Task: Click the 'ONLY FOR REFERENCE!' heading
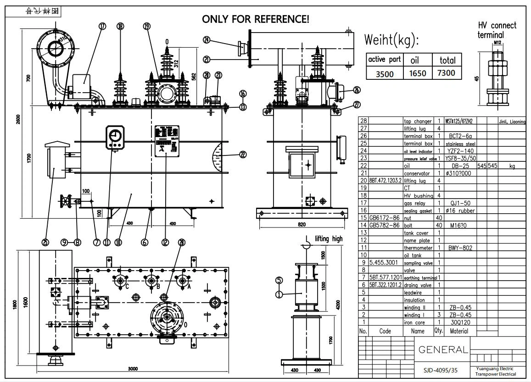(256, 19)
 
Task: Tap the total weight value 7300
(447, 73)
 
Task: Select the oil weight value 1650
(417, 73)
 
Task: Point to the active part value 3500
(385, 73)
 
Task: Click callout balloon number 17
(102, 27)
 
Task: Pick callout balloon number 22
(243, 155)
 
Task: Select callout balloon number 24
(207, 40)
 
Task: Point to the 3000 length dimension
(133, 369)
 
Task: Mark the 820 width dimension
(302, 224)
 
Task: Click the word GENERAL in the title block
(443, 350)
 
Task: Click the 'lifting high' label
(329, 238)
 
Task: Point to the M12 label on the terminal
(497, 43)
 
